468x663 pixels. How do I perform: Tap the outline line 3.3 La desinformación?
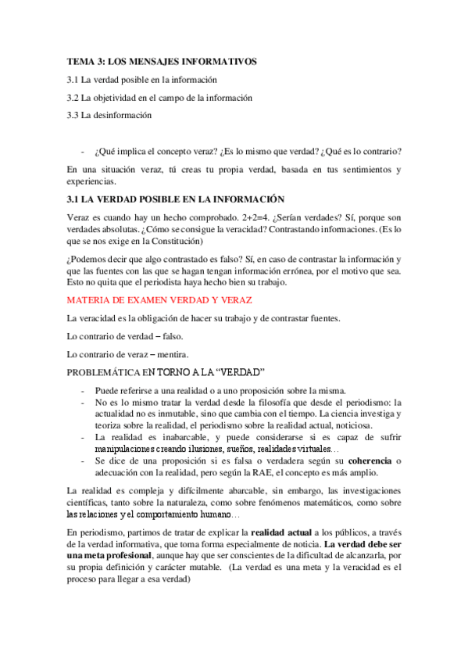pyautogui.click(x=109, y=115)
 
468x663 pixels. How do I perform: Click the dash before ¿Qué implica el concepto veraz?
pyautogui.click(x=84, y=151)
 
